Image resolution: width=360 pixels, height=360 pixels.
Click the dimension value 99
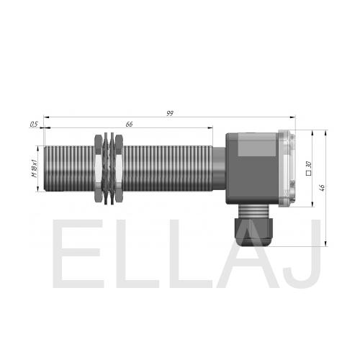(170, 113)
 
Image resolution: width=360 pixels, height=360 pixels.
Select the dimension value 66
(129, 125)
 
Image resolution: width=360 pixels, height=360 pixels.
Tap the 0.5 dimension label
(34, 125)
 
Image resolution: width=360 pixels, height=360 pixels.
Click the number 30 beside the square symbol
(309, 165)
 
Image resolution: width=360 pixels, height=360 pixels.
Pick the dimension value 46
(323, 187)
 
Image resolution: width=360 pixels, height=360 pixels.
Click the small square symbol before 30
(309, 173)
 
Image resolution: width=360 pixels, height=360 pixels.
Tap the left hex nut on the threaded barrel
(98, 168)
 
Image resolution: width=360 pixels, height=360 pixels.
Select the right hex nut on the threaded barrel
(119, 168)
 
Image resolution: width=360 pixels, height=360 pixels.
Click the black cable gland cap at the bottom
(254, 231)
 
